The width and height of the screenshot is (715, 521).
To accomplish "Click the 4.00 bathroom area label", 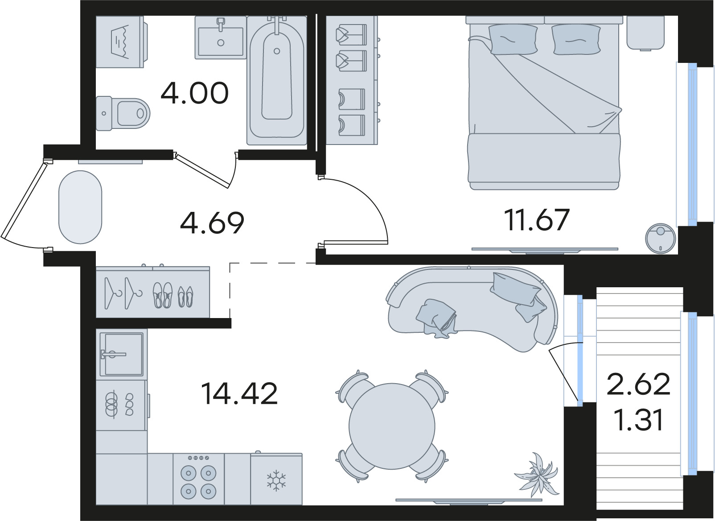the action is (195, 93).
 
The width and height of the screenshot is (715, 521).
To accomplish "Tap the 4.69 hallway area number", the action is (212, 222).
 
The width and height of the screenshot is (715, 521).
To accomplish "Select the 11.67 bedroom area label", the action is (537, 219).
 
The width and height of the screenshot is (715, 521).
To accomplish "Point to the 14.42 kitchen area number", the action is (239, 394).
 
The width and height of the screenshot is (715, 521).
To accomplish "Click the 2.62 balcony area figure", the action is (638, 384).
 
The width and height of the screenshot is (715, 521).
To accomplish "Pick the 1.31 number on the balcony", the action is (640, 420).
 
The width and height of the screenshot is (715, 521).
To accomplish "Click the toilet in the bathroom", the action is (123, 113).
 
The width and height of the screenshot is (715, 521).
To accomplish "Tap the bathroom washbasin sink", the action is (221, 38).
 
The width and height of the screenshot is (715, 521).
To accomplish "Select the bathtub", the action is (277, 80).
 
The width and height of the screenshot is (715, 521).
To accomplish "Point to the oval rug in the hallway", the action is (80, 207).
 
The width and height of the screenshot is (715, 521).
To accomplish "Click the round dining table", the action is (392, 426).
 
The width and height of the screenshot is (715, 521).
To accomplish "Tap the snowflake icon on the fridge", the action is (276, 480).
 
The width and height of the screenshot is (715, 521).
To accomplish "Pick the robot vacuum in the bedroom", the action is (661, 238).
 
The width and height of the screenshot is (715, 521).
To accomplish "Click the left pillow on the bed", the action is (513, 39).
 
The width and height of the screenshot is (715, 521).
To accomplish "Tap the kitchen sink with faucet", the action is (121, 354).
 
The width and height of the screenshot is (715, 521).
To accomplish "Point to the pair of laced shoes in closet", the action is (163, 295).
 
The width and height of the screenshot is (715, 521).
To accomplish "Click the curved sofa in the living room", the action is (473, 308).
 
